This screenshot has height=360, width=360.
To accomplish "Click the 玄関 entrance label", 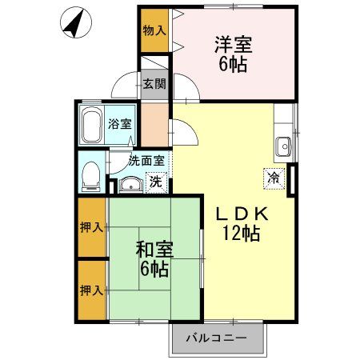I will [x=154, y=83].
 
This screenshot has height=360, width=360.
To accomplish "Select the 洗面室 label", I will [x=147, y=160].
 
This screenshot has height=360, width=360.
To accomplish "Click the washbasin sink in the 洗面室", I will [x=130, y=185].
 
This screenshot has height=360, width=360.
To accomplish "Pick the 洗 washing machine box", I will [x=157, y=182].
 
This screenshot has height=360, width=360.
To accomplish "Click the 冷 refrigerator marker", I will [x=274, y=178].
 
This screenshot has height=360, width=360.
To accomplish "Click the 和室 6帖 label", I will [x=153, y=258].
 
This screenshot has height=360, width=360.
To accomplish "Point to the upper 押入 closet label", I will [x=92, y=228].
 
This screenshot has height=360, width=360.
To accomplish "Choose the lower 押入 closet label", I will [x=92, y=289].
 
